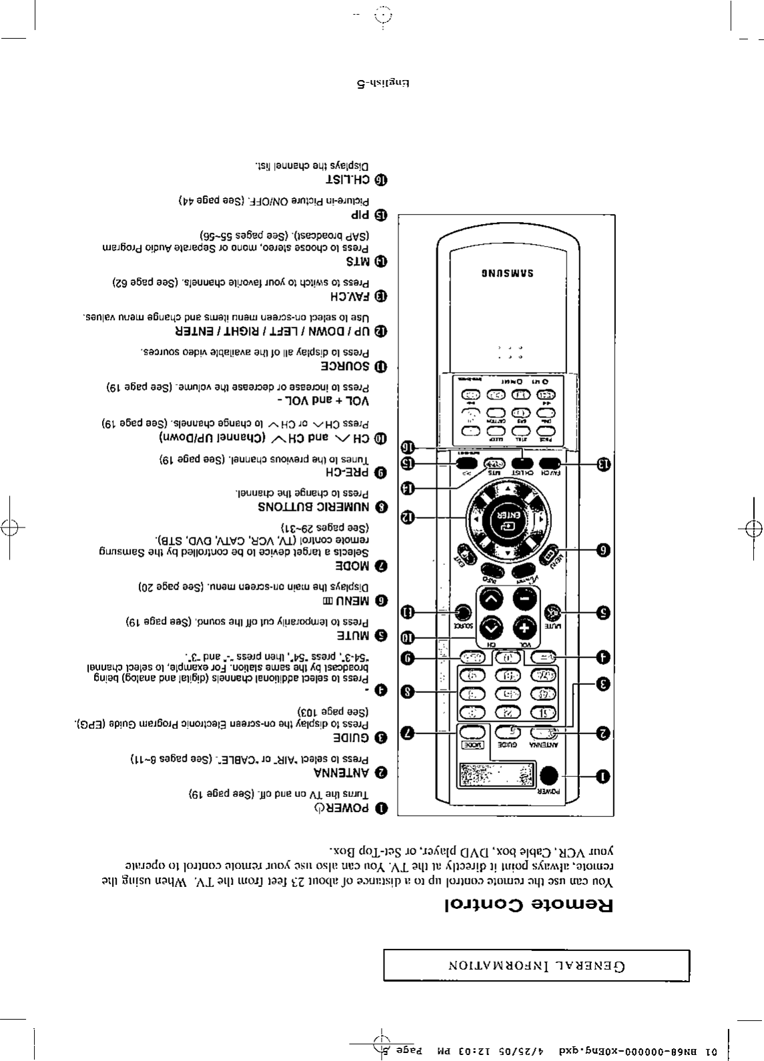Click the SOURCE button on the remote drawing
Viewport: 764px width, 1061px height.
coord(462,612)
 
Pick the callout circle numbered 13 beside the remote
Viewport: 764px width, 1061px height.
coord(603,464)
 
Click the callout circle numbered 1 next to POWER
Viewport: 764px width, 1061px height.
coord(602,776)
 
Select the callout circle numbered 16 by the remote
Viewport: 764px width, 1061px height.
coord(408,447)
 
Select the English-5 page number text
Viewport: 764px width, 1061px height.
coord(382,85)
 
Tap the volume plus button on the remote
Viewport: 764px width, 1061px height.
coord(523,628)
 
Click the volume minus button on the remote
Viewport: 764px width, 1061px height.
coord(523,598)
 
